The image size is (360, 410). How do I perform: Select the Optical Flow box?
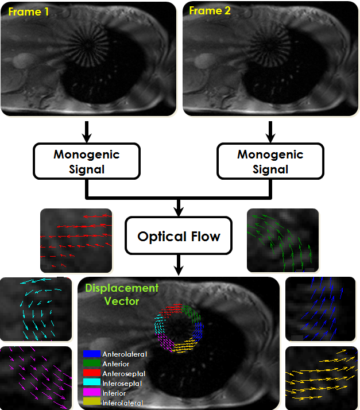click(x=179, y=236)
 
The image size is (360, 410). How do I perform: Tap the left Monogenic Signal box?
click(x=86, y=161)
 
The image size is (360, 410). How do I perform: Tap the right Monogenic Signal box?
click(x=270, y=161)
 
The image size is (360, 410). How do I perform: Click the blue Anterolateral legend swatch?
click(x=92, y=354)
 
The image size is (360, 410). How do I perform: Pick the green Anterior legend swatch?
click(x=92, y=364)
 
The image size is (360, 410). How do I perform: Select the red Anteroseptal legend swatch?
click(x=92, y=374)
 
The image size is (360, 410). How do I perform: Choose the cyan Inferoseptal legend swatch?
click(x=92, y=384)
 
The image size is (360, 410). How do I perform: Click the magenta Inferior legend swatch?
click(x=92, y=393)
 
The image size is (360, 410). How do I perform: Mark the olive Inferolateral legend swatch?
click(x=92, y=403)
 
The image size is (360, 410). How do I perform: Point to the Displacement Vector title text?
click(x=121, y=294)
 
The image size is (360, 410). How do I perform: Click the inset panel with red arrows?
click(x=76, y=240)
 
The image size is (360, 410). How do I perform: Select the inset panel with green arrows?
click(x=282, y=240)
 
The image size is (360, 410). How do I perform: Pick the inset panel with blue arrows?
click(x=322, y=310)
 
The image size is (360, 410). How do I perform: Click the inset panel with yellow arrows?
click(x=322, y=377)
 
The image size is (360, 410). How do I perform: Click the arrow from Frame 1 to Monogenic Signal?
click(x=86, y=131)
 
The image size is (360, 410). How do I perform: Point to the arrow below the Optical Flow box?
click(x=179, y=265)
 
